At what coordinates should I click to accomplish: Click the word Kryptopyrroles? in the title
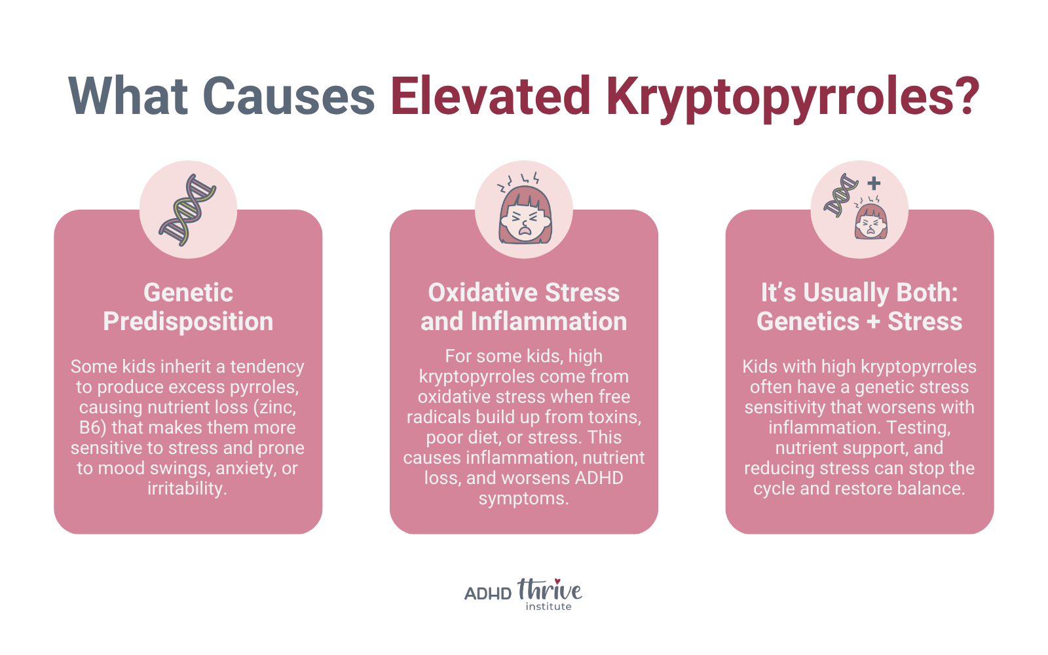(793, 98)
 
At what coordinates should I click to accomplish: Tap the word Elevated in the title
(491, 95)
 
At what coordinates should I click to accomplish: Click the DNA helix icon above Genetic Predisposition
(187, 210)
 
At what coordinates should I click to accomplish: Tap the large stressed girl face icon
(525, 209)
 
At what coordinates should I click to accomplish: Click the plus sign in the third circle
(874, 183)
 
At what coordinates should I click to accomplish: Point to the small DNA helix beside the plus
(841, 195)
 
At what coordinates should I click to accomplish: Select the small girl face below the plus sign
(870, 219)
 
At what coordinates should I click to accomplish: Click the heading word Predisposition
(188, 322)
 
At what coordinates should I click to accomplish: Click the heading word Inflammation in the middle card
(549, 322)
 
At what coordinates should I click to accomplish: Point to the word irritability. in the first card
(187, 489)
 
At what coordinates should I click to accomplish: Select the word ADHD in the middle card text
(599, 478)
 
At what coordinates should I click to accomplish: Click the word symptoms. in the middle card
(524, 498)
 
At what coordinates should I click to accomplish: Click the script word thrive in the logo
(550, 589)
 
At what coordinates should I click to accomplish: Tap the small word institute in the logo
(548, 607)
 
